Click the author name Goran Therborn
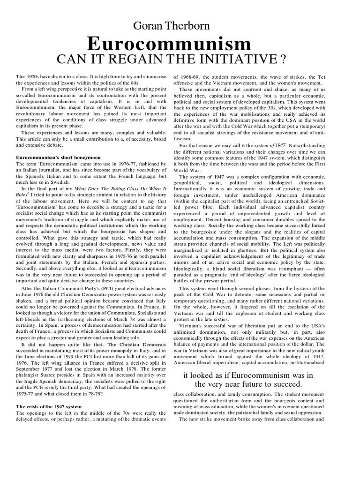coord(180,26)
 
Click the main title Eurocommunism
coord(180,45)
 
